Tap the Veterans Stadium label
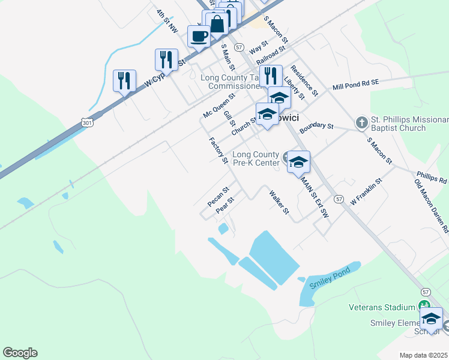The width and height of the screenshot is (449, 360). coord(382,307)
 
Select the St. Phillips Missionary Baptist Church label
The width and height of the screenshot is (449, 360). coord(399,124)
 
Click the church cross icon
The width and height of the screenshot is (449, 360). coord(361,123)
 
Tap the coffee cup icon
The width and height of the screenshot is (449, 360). coord(199,36)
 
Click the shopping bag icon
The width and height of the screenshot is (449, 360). coord(217,24)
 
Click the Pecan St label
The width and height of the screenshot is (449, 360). coord(218,197)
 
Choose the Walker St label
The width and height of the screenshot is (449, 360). coord(280,203)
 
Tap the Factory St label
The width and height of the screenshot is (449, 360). coord(218,150)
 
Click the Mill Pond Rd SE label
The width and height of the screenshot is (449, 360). coord(355,85)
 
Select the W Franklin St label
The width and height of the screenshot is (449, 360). coord(366,190)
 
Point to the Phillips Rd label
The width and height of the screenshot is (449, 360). coord(431,178)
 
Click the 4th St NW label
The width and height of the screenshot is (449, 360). coord(167,20)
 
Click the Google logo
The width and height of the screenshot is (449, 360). coord(20,353)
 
